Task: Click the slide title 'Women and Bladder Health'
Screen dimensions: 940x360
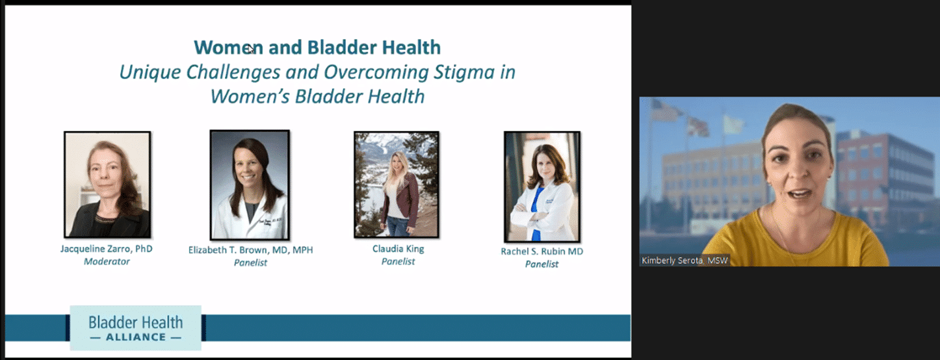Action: pos(317,47)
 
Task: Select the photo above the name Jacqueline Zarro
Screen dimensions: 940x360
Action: pos(107,185)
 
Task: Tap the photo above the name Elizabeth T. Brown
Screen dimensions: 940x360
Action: pos(250,185)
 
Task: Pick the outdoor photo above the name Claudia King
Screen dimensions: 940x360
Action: pos(397,185)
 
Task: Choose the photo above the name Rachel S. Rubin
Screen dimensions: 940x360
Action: pos(542,186)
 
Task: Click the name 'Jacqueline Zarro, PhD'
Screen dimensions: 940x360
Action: pos(107,249)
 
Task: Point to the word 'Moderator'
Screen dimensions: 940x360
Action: pos(107,261)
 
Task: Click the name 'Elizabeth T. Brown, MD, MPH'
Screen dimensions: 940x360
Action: pos(250,250)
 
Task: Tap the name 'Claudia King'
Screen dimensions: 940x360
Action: pos(398,249)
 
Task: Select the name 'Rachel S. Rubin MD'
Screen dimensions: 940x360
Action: pos(542,251)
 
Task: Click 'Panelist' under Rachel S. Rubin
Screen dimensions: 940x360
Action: pos(542,264)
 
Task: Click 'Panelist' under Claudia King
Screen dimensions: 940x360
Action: pos(398,261)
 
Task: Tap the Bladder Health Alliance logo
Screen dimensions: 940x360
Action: pos(136,328)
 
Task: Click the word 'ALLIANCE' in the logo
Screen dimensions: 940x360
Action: pos(136,337)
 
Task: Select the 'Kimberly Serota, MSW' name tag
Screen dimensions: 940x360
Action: pos(685,261)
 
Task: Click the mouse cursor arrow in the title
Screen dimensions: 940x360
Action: pos(250,49)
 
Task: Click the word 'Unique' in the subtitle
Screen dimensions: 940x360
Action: pos(151,73)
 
